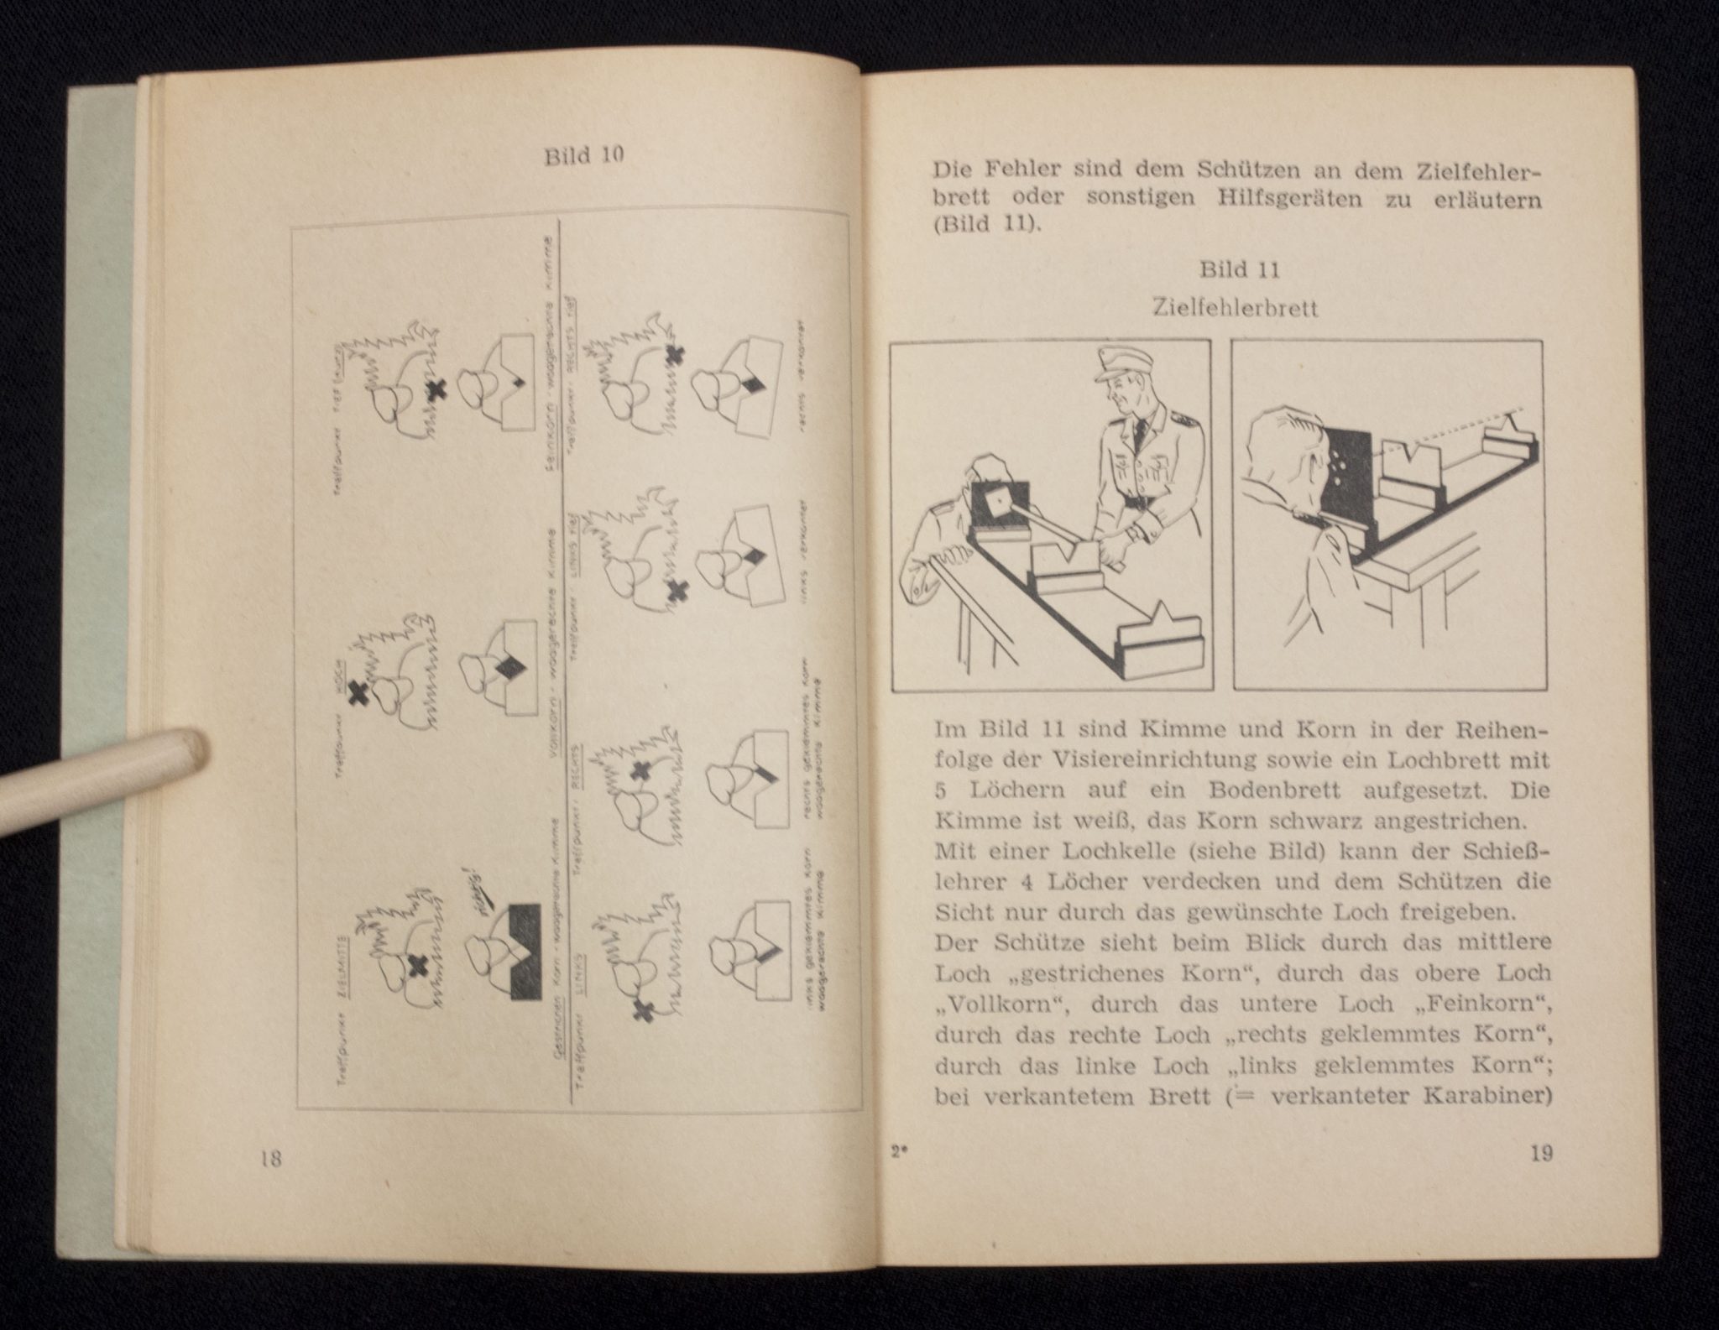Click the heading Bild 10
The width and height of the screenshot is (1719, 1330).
583,157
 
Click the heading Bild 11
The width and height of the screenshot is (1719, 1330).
1239,270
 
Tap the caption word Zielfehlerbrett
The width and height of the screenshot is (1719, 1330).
1236,309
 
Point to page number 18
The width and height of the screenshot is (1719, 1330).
269,1159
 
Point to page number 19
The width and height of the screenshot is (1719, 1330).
1541,1154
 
